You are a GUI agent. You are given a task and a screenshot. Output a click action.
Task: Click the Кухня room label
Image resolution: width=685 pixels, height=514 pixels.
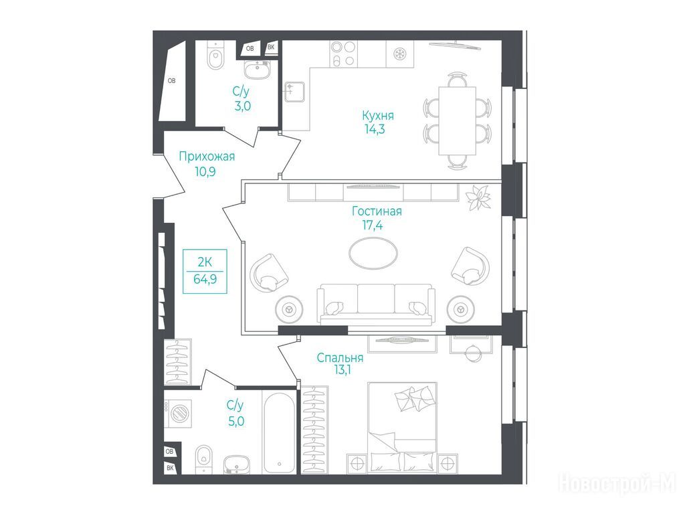pyautogui.click(x=378, y=115)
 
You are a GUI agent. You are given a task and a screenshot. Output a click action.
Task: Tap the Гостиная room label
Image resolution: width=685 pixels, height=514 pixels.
pyautogui.click(x=377, y=211)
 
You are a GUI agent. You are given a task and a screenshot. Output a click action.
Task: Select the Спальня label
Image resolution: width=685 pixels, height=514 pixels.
pyautogui.click(x=340, y=357)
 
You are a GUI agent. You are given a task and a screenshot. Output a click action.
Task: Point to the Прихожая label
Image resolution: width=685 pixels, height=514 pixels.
pyautogui.click(x=207, y=157)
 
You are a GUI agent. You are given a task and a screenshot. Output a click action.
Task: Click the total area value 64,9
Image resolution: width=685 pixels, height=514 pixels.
pyautogui.click(x=205, y=279)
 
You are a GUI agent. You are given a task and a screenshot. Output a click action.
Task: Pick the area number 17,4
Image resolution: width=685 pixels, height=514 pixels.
pyautogui.click(x=372, y=226)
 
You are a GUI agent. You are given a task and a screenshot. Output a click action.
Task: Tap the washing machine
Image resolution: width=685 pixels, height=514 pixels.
pyautogui.click(x=178, y=413)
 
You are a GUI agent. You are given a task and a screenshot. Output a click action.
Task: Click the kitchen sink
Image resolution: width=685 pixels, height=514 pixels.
pyautogui.click(x=294, y=92)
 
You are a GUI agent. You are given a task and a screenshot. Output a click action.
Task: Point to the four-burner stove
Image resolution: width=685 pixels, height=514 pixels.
pyautogui.click(x=343, y=54)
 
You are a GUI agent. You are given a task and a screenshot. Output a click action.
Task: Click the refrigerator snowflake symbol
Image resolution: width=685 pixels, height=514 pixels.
pyautogui.click(x=399, y=54)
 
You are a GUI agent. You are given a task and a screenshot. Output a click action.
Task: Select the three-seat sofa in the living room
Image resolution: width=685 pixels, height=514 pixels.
pyautogui.click(x=376, y=305)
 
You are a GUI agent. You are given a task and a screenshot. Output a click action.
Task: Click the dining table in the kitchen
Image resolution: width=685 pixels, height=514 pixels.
pyautogui.click(x=457, y=120)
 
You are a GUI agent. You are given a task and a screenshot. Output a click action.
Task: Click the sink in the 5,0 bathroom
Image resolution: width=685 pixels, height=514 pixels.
pyautogui.click(x=237, y=464)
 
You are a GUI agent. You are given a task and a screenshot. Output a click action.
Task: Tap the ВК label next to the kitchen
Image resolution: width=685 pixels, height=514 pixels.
pyautogui.click(x=271, y=48)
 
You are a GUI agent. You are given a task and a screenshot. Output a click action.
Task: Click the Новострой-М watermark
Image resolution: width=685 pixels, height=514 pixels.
pyautogui.click(x=617, y=483)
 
